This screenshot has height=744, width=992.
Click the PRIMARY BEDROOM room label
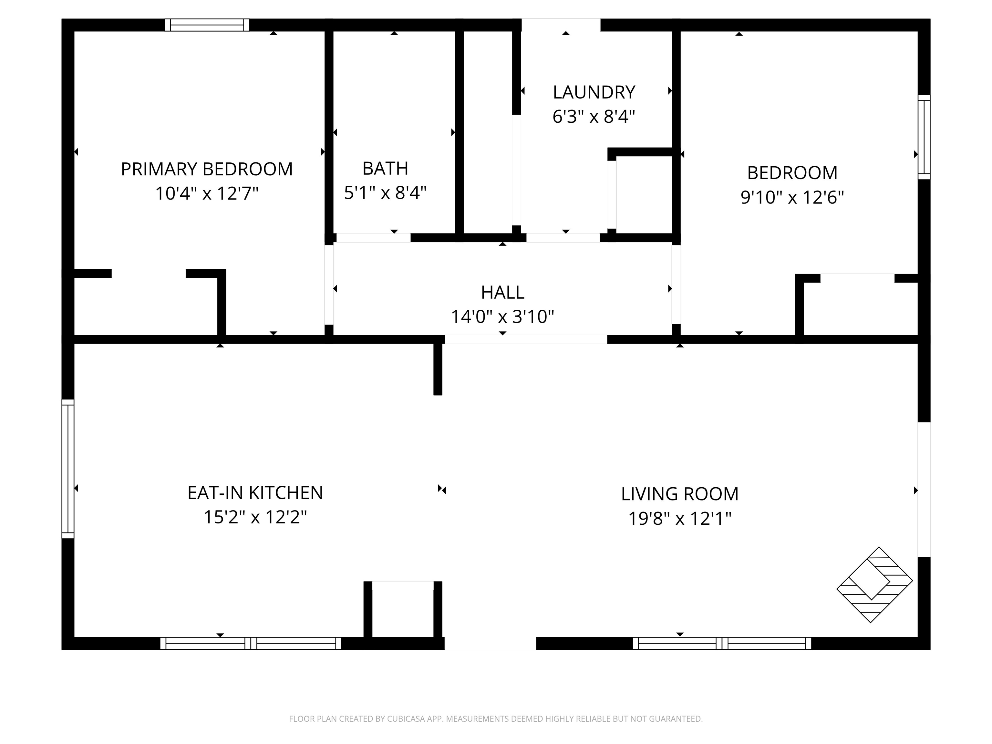[207, 169]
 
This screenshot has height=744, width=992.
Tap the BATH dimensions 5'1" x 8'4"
[385, 193]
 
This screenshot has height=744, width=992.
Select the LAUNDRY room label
[594, 92]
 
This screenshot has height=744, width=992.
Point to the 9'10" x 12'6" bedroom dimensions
[792, 197]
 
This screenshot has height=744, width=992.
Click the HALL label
[502, 292]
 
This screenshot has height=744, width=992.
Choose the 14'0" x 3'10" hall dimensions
[502, 316]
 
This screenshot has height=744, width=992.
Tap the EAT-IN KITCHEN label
[255, 493]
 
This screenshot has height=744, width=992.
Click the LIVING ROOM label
[679, 494]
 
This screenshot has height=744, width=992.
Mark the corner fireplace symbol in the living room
[874, 584]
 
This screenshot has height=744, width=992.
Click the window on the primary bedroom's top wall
[207, 25]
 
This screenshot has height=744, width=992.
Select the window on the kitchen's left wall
[68, 469]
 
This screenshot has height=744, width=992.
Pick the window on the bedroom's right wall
[924, 137]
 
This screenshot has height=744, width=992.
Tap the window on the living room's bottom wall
[722, 643]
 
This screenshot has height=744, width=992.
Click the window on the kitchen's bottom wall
[251, 643]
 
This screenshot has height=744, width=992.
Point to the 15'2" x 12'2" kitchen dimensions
[255, 517]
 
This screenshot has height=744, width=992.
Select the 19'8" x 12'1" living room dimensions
[679, 518]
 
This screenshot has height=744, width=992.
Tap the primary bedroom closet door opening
[149, 274]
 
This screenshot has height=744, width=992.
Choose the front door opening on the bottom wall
[490, 643]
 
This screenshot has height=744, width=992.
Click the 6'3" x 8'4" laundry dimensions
[594, 117]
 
